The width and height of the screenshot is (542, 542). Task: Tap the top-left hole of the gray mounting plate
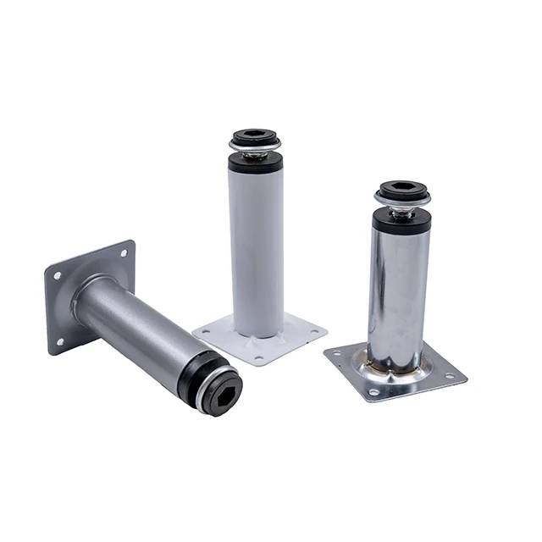(57, 276)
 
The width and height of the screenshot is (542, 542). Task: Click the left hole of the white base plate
(205, 329)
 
